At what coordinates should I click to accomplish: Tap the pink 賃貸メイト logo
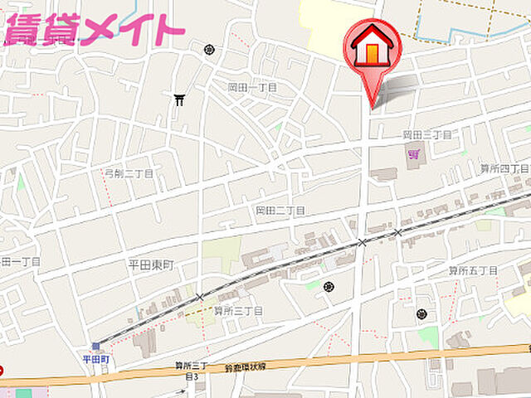pos(93,29)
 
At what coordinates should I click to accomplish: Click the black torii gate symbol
pos(179,100)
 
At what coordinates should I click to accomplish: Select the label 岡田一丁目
pos(252,87)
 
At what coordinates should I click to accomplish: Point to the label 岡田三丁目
pos(426,134)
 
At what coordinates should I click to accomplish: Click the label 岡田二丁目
pos(280,211)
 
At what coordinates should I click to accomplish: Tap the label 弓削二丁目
pos(129,174)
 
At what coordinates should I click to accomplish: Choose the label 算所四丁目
pos(504,168)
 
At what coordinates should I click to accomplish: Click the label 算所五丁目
pos(473,270)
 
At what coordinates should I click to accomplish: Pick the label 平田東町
pos(151,265)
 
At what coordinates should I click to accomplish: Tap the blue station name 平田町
pos(96,358)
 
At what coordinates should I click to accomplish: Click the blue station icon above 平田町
pos(95,347)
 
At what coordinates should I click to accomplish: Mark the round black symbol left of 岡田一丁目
pos(209,50)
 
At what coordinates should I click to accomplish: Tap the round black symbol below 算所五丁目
pos(422,314)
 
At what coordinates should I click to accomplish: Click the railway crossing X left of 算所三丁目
pos(199,297)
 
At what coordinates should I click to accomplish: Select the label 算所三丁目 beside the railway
pos(238,311)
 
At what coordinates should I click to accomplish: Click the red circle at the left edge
pos(2,371)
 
